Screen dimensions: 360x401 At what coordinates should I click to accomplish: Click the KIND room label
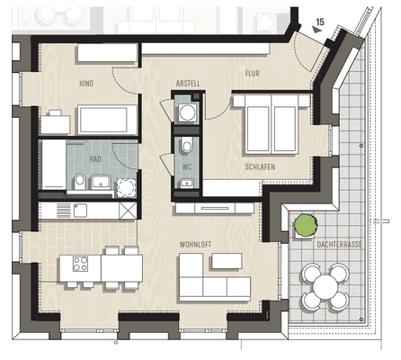tap(86, 83)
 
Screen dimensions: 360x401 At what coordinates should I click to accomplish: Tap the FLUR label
tap(252, 75)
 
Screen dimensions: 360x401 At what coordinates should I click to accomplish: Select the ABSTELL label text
tap(189, 83)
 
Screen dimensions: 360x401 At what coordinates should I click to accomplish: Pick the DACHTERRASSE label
tap(314, 244)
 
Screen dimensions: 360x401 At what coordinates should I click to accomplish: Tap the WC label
tap(187, 167)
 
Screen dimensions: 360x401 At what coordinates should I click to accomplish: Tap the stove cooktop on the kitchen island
tap(79, 265)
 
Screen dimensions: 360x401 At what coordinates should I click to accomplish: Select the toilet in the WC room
tap(186, 147)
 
